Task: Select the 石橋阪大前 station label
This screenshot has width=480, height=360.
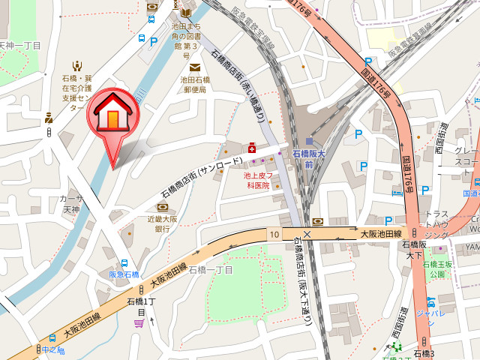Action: pos(310,159)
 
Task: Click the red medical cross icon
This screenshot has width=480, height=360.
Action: pos(252,148)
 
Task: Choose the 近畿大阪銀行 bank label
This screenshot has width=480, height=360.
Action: pos(163,223)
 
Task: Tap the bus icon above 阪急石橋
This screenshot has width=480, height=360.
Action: pos(124,263)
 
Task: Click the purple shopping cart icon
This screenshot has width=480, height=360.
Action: pos(139,323)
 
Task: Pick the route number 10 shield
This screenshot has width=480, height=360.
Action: pos(274,235)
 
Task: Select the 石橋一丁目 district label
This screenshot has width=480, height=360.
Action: pos(211,270)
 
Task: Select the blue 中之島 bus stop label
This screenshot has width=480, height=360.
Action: pos(54,350)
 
